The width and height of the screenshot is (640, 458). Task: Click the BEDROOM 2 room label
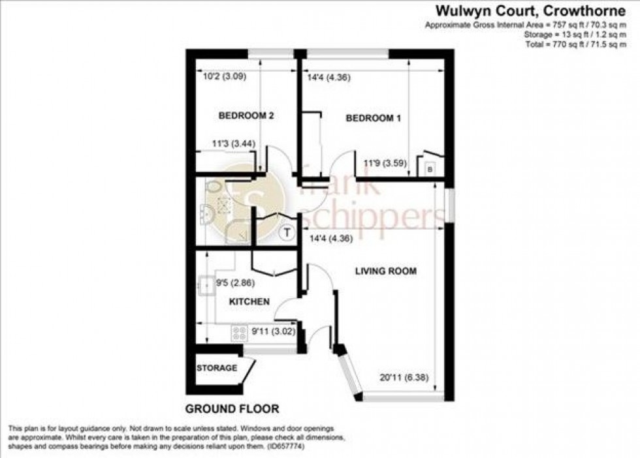[246, 116]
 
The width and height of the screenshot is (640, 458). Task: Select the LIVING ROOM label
[386, 271]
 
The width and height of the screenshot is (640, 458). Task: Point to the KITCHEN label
[249, 302]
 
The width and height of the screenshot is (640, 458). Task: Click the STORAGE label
[217, 368]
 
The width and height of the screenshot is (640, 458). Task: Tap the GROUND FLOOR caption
[232, 409]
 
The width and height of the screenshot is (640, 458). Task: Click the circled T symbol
[286, 232]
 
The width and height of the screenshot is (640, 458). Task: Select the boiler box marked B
[429, 170]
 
